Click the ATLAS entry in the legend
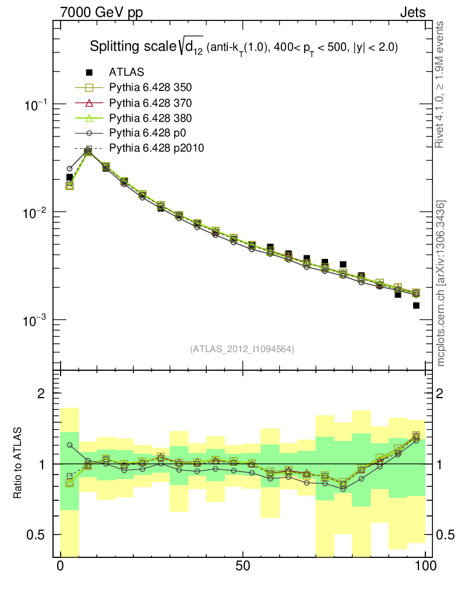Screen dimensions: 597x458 pyautogui.click(x=126, y=72)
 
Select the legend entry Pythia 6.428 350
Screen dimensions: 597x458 pyautogui.click(x=150, y=88)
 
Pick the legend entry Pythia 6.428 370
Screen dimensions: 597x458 pyautogui.click(x=150, y=103)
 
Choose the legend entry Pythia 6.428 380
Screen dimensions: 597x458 pyautogui.click(x=150, y=118)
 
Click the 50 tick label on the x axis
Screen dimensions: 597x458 pyautogui.click(x=243, y=566)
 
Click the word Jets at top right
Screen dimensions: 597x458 pyautogui.click(x=412, y=12)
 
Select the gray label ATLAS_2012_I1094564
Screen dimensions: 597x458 pyautogui.click(x=241, y=349)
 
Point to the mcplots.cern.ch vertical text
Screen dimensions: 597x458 pyautogui.click(x=442, y=283)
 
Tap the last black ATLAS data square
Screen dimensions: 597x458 pyautogui.click(x=416, y=305)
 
